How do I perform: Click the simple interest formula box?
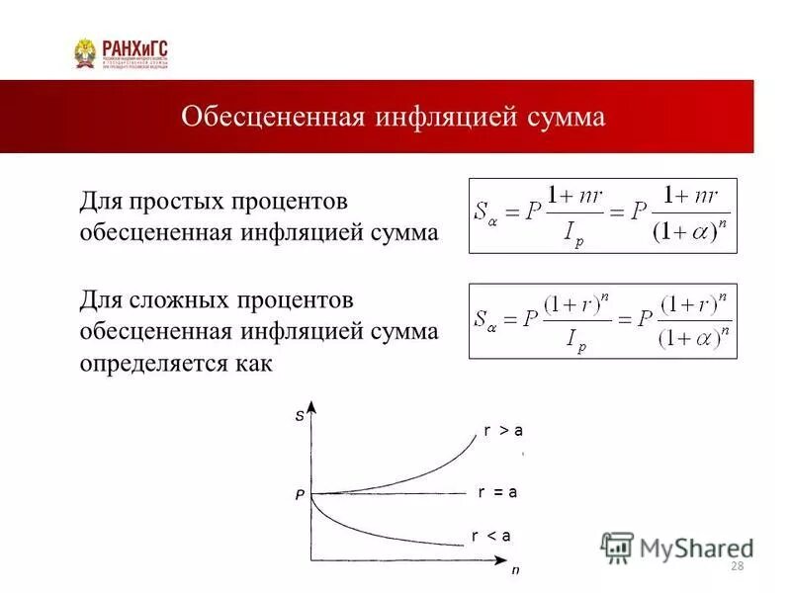tap(602, 215)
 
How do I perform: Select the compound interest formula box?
tap(602, 320)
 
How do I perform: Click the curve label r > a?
tap(503, 430)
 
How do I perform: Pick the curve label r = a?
tap(497, 491)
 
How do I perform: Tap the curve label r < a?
tap(490, 536)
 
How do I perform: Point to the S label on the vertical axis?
tap(300, 417)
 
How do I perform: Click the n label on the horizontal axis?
tap(514, 570)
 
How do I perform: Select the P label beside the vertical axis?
tap(299, 496)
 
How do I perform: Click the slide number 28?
tap(736, 565)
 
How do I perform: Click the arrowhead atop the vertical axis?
tap(311, 405)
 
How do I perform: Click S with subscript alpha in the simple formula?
tap(485, 212)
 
